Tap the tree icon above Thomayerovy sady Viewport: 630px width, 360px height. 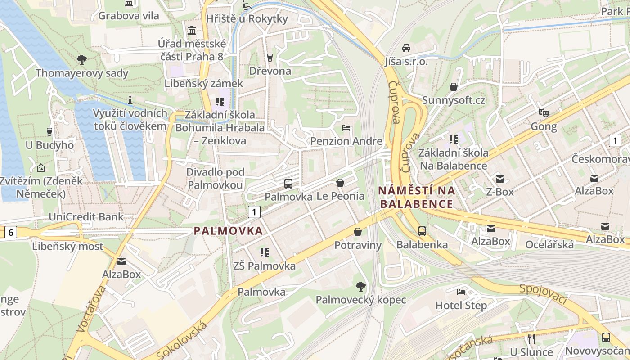(x=82, y=59)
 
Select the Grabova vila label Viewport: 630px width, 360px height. (x=128, y=16)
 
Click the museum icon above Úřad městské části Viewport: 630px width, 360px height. (x=192, y=31)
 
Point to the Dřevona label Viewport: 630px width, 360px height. (x=270, y=71)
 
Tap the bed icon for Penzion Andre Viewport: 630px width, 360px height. (x=346, y=128)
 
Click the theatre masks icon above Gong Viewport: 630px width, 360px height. (x=544, y=113)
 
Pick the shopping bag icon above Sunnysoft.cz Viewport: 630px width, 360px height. (x=454, y=86)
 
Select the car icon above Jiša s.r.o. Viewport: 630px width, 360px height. (x=406, y=48)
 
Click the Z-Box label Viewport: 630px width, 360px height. (x=499, y=192)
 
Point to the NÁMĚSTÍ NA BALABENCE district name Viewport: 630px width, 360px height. (x=416, y=197)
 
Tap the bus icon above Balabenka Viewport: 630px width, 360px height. (x=422, y=231)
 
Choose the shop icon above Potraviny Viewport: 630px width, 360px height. (x=358, y=232)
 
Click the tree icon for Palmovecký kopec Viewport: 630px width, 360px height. (x=360, y=286)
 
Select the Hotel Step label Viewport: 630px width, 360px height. (x=461, y=306)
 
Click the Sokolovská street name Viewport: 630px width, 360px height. (x=182, y=341)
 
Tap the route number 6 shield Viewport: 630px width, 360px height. (x=11, y=232)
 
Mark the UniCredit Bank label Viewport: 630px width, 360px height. (x=86, y=217)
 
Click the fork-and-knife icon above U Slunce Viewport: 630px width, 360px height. (x=531, y=338)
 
